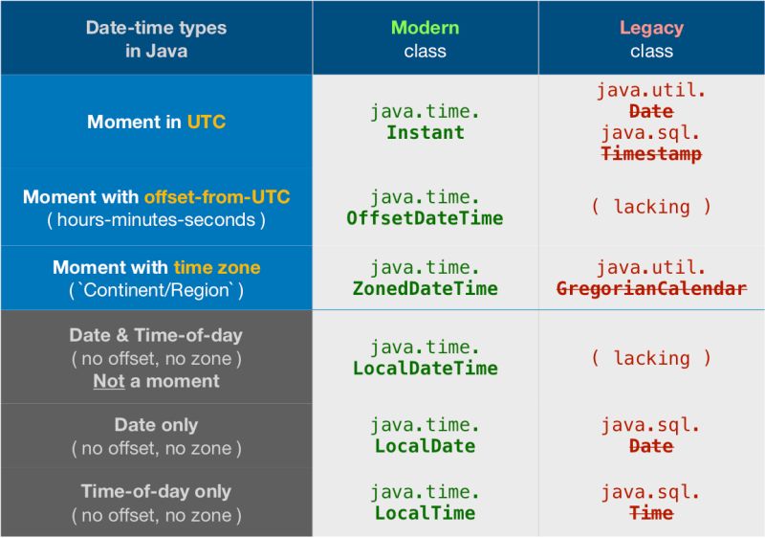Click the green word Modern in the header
pos(425,28)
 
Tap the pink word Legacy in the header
pos(651,28)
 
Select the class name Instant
pos(425,133)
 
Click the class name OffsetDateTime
pos(425,218)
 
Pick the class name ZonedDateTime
pos(425,288)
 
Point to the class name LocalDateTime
pos(425,368)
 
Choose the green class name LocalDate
pos(425,446)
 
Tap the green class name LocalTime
pos(425,513)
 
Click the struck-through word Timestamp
pos(651,153)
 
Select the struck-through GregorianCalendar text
pos(651,288)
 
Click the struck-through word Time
pos(651,513)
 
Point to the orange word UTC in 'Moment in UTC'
pos(206,123)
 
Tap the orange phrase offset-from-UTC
pos(217,197)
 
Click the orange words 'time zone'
pos(217,267)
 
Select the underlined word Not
pos(109,381)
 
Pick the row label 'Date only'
pos(156,425)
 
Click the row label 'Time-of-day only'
pos(156,491)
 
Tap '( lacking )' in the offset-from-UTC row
pos(651,207)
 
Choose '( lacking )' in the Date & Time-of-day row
pos(651,358)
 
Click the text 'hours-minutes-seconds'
pos(156,219)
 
